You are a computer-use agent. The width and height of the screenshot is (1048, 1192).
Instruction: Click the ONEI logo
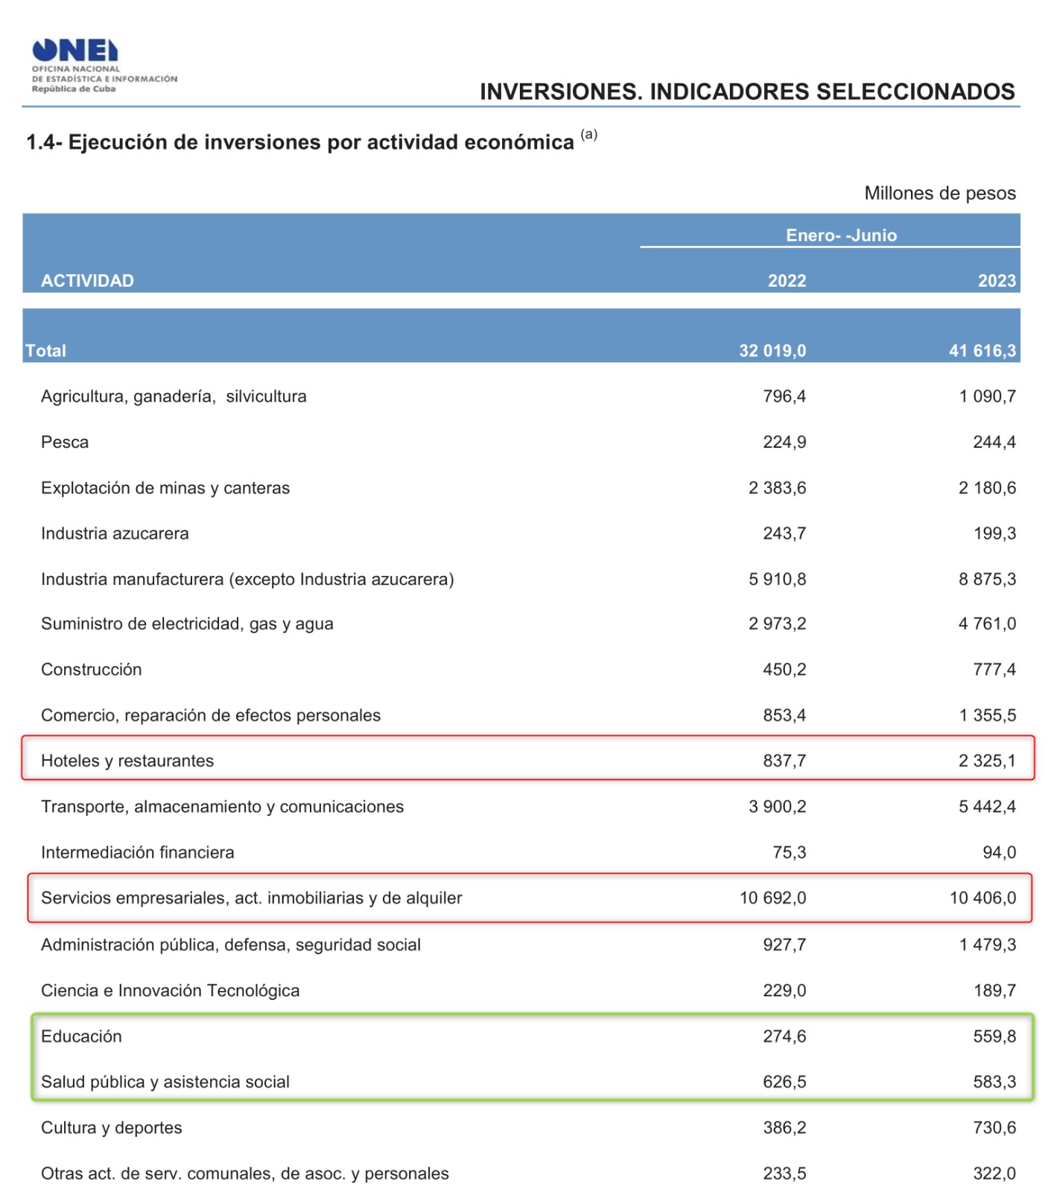click(x=75, y=51)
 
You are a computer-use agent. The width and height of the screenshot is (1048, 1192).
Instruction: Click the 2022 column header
click(x=787, y=281)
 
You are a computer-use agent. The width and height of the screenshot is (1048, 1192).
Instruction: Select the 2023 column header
click(x=997, y=281)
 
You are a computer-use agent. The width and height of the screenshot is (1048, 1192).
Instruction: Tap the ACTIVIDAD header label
click(x=87, y=281)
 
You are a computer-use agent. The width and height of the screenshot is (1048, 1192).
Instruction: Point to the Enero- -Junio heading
click(x=841, y=235)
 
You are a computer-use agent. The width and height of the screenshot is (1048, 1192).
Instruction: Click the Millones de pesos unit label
click(x=939, y=194)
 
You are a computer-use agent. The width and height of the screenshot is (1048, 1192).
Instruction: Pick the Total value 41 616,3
click(x=982, y=351)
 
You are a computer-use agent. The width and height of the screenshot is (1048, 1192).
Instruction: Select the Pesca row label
click(x=65, y=443)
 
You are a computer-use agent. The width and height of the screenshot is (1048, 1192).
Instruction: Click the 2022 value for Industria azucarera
click(x=784, y=533)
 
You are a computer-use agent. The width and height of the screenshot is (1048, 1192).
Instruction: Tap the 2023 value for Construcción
click(x=994, y=670)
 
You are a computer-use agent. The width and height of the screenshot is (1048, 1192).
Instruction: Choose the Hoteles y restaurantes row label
click(x=127, y=761)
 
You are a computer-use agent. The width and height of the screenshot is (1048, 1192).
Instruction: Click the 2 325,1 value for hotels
click(x=987, y=761)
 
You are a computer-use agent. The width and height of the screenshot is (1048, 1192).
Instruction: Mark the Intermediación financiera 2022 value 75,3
click(x=790, y=852)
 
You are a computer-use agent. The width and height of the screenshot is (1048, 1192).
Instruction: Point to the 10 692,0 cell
click(x=772, y=898)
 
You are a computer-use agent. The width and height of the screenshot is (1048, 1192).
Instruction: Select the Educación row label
click(x=81, y=1036)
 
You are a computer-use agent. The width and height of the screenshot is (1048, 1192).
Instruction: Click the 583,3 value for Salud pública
click(x=994, y=1082)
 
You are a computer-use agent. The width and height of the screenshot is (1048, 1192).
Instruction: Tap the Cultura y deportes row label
click(x=111, y=1128)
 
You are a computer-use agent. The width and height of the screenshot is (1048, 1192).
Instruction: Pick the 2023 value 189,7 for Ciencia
click(x=994, y=991)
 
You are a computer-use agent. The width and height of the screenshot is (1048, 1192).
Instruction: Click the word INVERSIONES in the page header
click(x=560, y=92)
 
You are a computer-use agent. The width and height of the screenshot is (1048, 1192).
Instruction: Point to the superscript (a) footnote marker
click(x=589, y=134)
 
